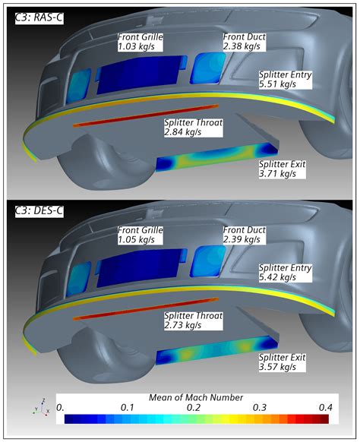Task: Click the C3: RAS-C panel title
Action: pos(39,17)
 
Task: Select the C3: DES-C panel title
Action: pos(39,211)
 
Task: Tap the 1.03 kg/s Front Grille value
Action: pos(136,46)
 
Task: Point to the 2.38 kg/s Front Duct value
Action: pos(242,46)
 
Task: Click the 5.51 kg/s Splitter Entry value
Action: pos(277,84)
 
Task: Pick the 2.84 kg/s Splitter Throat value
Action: pos(183,132)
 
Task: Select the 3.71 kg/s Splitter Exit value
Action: pos(277,174)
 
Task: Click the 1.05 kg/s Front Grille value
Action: pos(136,240)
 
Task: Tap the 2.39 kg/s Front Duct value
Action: pos(242,240)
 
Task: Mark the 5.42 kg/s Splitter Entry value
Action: pos(277,277)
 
